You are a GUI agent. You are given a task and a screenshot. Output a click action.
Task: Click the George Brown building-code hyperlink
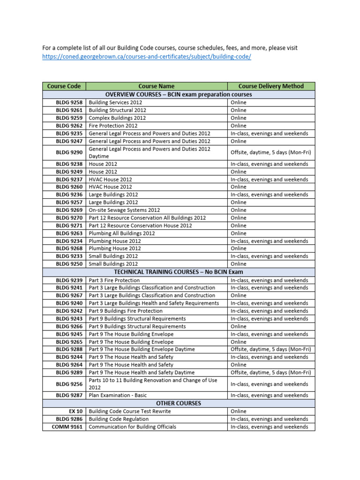[x=147, y=57]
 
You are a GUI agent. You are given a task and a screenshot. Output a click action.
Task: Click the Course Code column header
[x=64, y=86]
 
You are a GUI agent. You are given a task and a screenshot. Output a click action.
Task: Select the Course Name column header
[x=157, y=86]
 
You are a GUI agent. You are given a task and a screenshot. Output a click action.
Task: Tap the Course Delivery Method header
[x=271, y=86]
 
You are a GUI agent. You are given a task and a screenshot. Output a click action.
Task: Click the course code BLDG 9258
[x=69, y=103]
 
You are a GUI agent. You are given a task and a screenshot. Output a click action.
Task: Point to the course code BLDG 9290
[x=69, y=153]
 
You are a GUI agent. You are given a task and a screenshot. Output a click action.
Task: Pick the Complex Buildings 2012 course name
[x=117, y=118]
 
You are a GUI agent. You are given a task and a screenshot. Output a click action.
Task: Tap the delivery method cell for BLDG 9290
[x=271, y=153]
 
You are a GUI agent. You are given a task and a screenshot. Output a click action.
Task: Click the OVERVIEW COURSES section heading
[x=179, y=95]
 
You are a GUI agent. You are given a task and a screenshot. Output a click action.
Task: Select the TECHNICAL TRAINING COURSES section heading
[x=179, y=272]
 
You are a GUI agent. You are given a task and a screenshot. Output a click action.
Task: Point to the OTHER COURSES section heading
[x=179, y=403]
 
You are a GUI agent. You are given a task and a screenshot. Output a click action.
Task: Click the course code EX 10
[x=75, y=412]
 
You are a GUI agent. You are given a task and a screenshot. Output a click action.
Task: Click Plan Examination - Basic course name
[x=118, y=396]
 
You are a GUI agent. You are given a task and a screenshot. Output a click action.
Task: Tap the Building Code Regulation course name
[x=119, y=419]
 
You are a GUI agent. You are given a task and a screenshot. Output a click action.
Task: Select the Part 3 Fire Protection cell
[x=114, y=280]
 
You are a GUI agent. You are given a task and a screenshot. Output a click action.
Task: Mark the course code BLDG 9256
[x=69, y=384]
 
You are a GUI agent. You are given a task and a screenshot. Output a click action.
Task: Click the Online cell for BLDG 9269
[x=239, y=210]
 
